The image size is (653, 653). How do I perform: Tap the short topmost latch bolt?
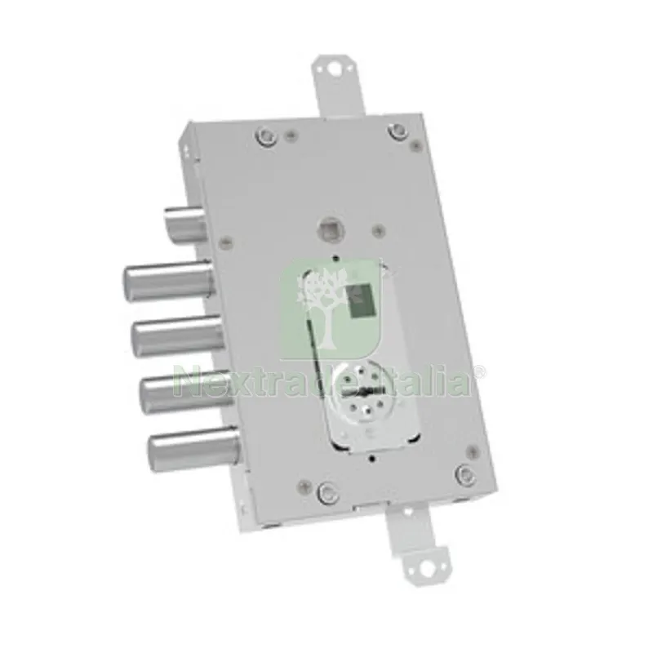coord(185,225)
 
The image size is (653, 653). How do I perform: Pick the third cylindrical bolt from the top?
coord(178,335)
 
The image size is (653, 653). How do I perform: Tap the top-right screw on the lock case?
coord(397,130)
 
